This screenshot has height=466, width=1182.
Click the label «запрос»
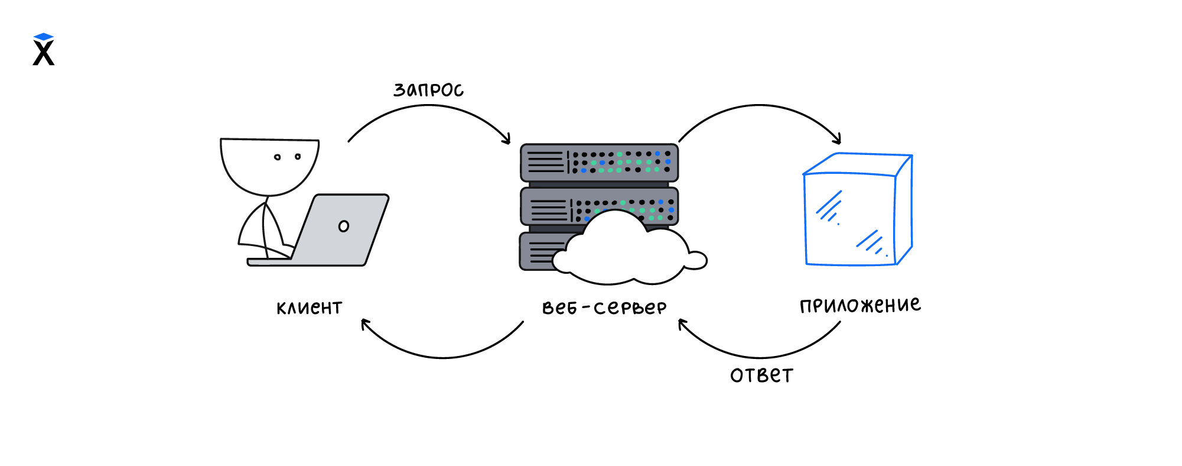tap(428, 90)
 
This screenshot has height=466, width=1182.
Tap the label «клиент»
tap(309, 308)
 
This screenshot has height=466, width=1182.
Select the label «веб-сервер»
tap(604, 308)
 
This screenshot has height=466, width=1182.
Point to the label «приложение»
tap(860, 305)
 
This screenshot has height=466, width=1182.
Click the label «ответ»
tap(761, 376)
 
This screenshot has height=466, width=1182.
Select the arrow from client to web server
tap(428, 107)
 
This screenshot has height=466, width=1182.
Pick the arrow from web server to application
tap(760, 106)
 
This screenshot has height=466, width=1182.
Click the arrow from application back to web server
tap(760, 357)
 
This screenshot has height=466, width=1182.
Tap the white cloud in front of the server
tap(626, 251)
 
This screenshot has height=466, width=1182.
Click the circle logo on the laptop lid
tap(343, 226)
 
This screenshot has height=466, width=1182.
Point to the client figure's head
tap(269, 166)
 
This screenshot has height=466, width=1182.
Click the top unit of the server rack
tap(599, 162)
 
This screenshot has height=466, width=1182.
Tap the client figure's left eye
tap(277, 157)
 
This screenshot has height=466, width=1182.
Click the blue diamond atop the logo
tap(44, 37)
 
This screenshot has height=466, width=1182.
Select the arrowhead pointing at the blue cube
tap(837, 140)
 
